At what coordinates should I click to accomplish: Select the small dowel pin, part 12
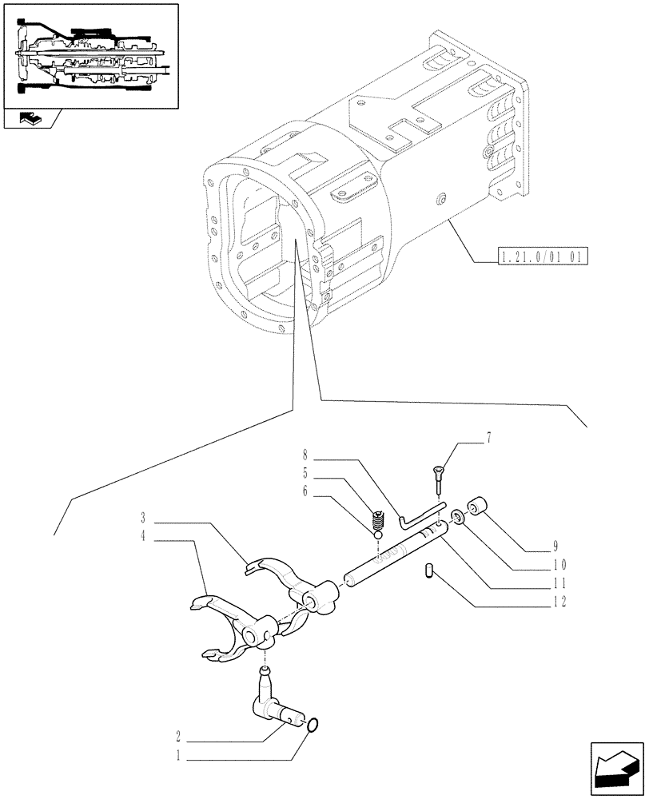tap(428, 571)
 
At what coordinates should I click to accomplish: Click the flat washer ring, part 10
tap(457, 518)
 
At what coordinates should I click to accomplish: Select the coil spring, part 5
tap(380, 521)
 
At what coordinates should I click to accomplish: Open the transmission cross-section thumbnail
tap(90, 54)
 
